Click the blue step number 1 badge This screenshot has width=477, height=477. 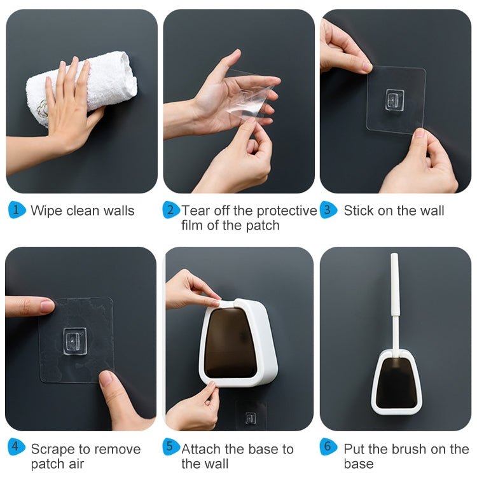click(x=17, y=211)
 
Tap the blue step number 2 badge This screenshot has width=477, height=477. click(x=171, y=211)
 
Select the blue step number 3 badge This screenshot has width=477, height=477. click(x=328, y=211)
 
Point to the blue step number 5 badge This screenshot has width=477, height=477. click(x=171, y=447)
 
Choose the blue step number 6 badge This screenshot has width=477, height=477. click(x=328, y=447)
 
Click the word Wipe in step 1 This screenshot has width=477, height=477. click(x=46, y=211)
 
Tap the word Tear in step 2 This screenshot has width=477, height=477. click(x=195, y=211)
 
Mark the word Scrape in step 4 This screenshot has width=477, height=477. click(x=52, y=449)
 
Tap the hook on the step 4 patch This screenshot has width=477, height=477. click(x=74, y=340)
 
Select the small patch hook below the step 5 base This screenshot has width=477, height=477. click(x=251, y=417)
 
